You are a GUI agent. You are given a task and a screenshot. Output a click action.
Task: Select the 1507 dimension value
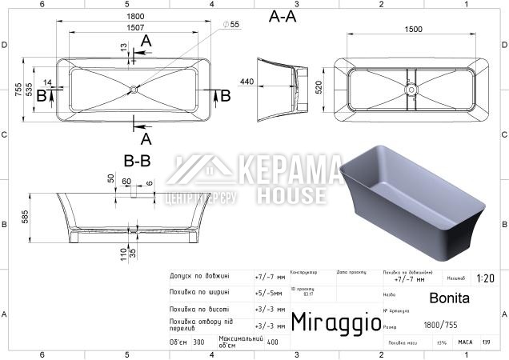click(134, 28)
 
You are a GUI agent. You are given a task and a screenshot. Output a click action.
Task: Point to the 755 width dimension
click(18, 90)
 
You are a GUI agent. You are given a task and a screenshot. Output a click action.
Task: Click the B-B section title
click(137, 161)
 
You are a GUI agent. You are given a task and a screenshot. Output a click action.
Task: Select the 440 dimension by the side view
click(246, 82)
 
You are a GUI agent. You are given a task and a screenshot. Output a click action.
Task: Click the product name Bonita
click(444, 298)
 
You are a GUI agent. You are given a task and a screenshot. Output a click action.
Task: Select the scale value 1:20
click(485, 279)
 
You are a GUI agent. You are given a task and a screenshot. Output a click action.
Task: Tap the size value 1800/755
click(441, 326)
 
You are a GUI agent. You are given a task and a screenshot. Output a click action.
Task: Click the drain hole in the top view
click(134, 89)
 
